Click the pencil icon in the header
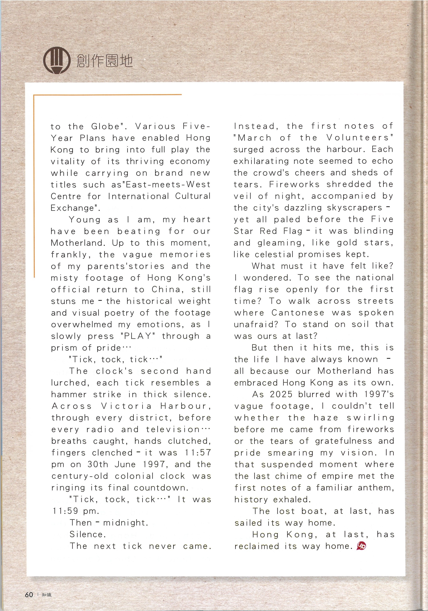[57, 61]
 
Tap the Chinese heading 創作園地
[104, 61]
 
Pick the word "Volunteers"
[360, 138]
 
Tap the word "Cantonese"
[298, 313]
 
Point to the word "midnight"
[125, 523]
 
